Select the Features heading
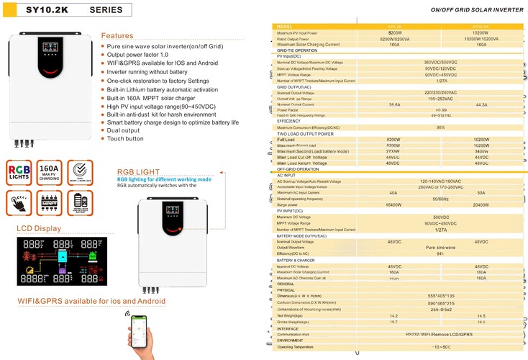coord(117,35)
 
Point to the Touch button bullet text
coord(125,138)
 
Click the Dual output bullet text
coord(124,130)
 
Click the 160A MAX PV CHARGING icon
coord(50,174)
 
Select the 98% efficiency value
coord(440,127)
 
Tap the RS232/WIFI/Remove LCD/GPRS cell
coord(440,334)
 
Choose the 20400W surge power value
coord(481,204)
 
